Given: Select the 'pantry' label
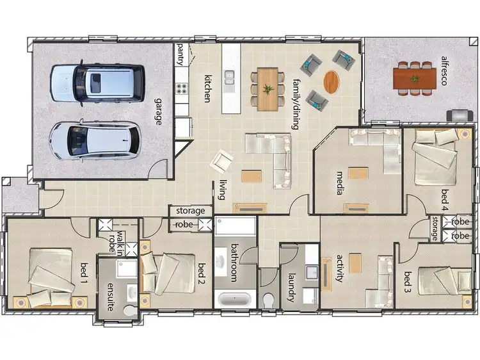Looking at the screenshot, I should click(180, 54).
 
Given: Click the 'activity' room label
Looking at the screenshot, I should click(340, 269).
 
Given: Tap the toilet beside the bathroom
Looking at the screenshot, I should click(269, 299).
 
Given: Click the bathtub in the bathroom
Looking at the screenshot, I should click(235, 299).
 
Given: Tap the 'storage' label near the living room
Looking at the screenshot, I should click(191, 211).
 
